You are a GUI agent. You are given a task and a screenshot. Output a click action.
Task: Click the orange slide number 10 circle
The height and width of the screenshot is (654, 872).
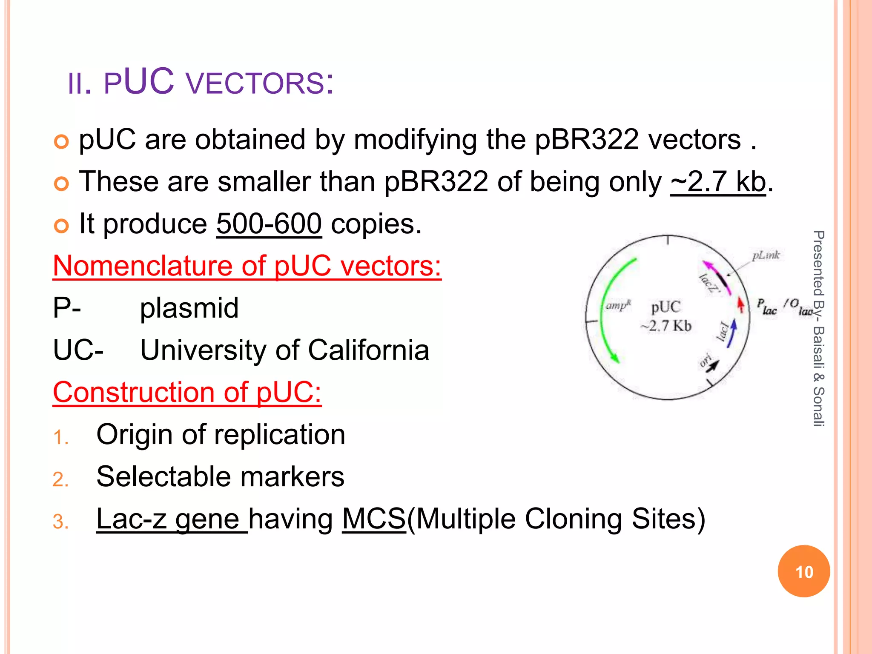[803, 571]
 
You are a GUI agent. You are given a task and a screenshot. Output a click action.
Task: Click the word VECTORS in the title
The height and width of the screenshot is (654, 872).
[255, 83]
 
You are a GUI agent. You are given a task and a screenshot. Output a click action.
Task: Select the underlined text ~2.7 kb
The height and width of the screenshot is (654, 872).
[718, 182]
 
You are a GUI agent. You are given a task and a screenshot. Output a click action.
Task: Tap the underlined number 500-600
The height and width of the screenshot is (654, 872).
[269, 224]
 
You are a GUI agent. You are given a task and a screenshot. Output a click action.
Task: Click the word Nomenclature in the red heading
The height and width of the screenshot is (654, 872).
[143, 266]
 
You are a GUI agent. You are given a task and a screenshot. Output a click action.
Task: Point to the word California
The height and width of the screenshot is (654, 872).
[368, 350]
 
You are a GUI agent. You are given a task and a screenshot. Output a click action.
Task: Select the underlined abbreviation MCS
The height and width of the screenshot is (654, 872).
[374, 519]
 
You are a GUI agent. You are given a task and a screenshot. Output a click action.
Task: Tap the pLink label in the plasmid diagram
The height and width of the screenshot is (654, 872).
[766, 255]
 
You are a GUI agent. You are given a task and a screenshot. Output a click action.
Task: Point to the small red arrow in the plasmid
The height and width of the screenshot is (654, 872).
[741, 304]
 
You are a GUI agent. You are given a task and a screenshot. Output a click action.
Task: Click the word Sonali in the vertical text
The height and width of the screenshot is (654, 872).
[818, 407]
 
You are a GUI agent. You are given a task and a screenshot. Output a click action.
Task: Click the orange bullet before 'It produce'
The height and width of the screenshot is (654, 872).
[61, 226]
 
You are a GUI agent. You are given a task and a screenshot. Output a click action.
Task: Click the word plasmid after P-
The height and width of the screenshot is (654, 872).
[189, 308]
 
